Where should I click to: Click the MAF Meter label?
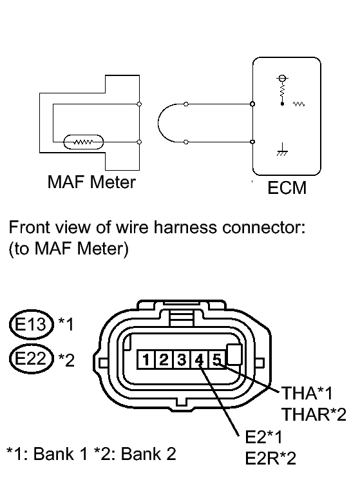pyautogui.click(x=91, y=182)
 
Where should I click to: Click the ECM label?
pyautogui.click(x=287, y=187)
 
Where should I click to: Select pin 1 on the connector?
pyautogui.click(x=146, y=360)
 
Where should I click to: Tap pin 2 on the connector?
pyautogui.click(x=164, y=360)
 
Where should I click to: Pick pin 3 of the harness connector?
pyautogui.click(x=182, y=360)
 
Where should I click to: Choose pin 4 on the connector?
pyautogui.click(x=199, y=360)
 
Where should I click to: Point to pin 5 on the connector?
pyautogui.click(x=217, y=360)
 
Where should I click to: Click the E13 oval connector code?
pyautogui.click(x=31, y=324)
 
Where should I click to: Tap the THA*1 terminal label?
pyautogui.click(x=307, y=393)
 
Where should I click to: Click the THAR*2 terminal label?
pyautogui.click(x=314, y=414)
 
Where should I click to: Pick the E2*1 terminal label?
pyautogui.click(x=263, y=437)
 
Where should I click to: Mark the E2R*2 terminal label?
pyautogui.click(x=270, y=459)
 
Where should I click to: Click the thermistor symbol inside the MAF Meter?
pyautogui.click(x=84, y=142)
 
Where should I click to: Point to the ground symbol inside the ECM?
pyautogui.click(x=282, y=150)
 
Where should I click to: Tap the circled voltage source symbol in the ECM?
pyautogui.click(x=282, y=78)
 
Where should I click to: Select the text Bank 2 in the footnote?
pyautogui.click(x=148, y=454)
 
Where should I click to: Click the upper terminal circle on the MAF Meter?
pyautogui.click(x=139, y=104)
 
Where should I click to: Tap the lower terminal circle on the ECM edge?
pyautogui.click(x=252, y=142)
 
